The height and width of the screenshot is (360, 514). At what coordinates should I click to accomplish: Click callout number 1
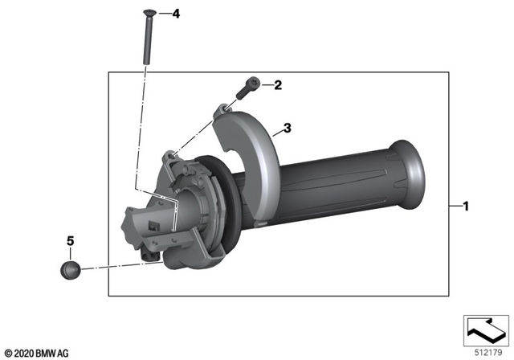click(465, 206)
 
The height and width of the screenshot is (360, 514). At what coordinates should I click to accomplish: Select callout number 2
click(278, 84)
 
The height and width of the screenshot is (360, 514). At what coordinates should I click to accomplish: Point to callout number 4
click(176, 14)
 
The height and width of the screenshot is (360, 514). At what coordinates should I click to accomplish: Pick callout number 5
click(69, 240)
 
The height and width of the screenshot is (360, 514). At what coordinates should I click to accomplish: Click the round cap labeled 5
click(70, 269)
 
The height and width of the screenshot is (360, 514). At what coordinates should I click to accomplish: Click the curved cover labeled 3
click(257, 161)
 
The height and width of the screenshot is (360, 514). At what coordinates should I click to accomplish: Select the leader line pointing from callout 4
click(162, 14)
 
